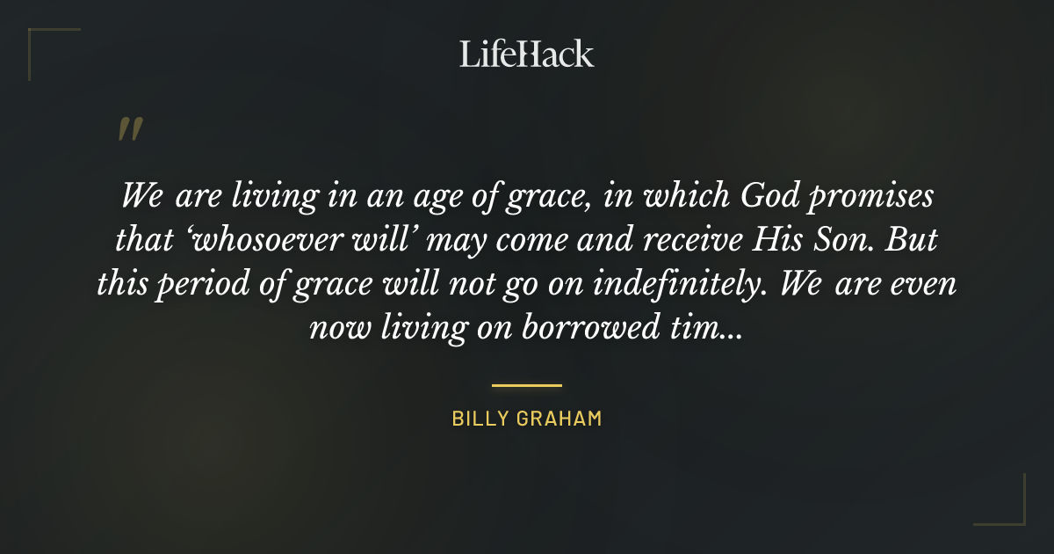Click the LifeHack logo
(x=526, y=54)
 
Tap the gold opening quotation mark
(x=130, y=130)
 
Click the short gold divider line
(x=526, y=385)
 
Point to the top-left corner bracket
(x=40, y=40)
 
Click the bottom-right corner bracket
(x=1014, y=514)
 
